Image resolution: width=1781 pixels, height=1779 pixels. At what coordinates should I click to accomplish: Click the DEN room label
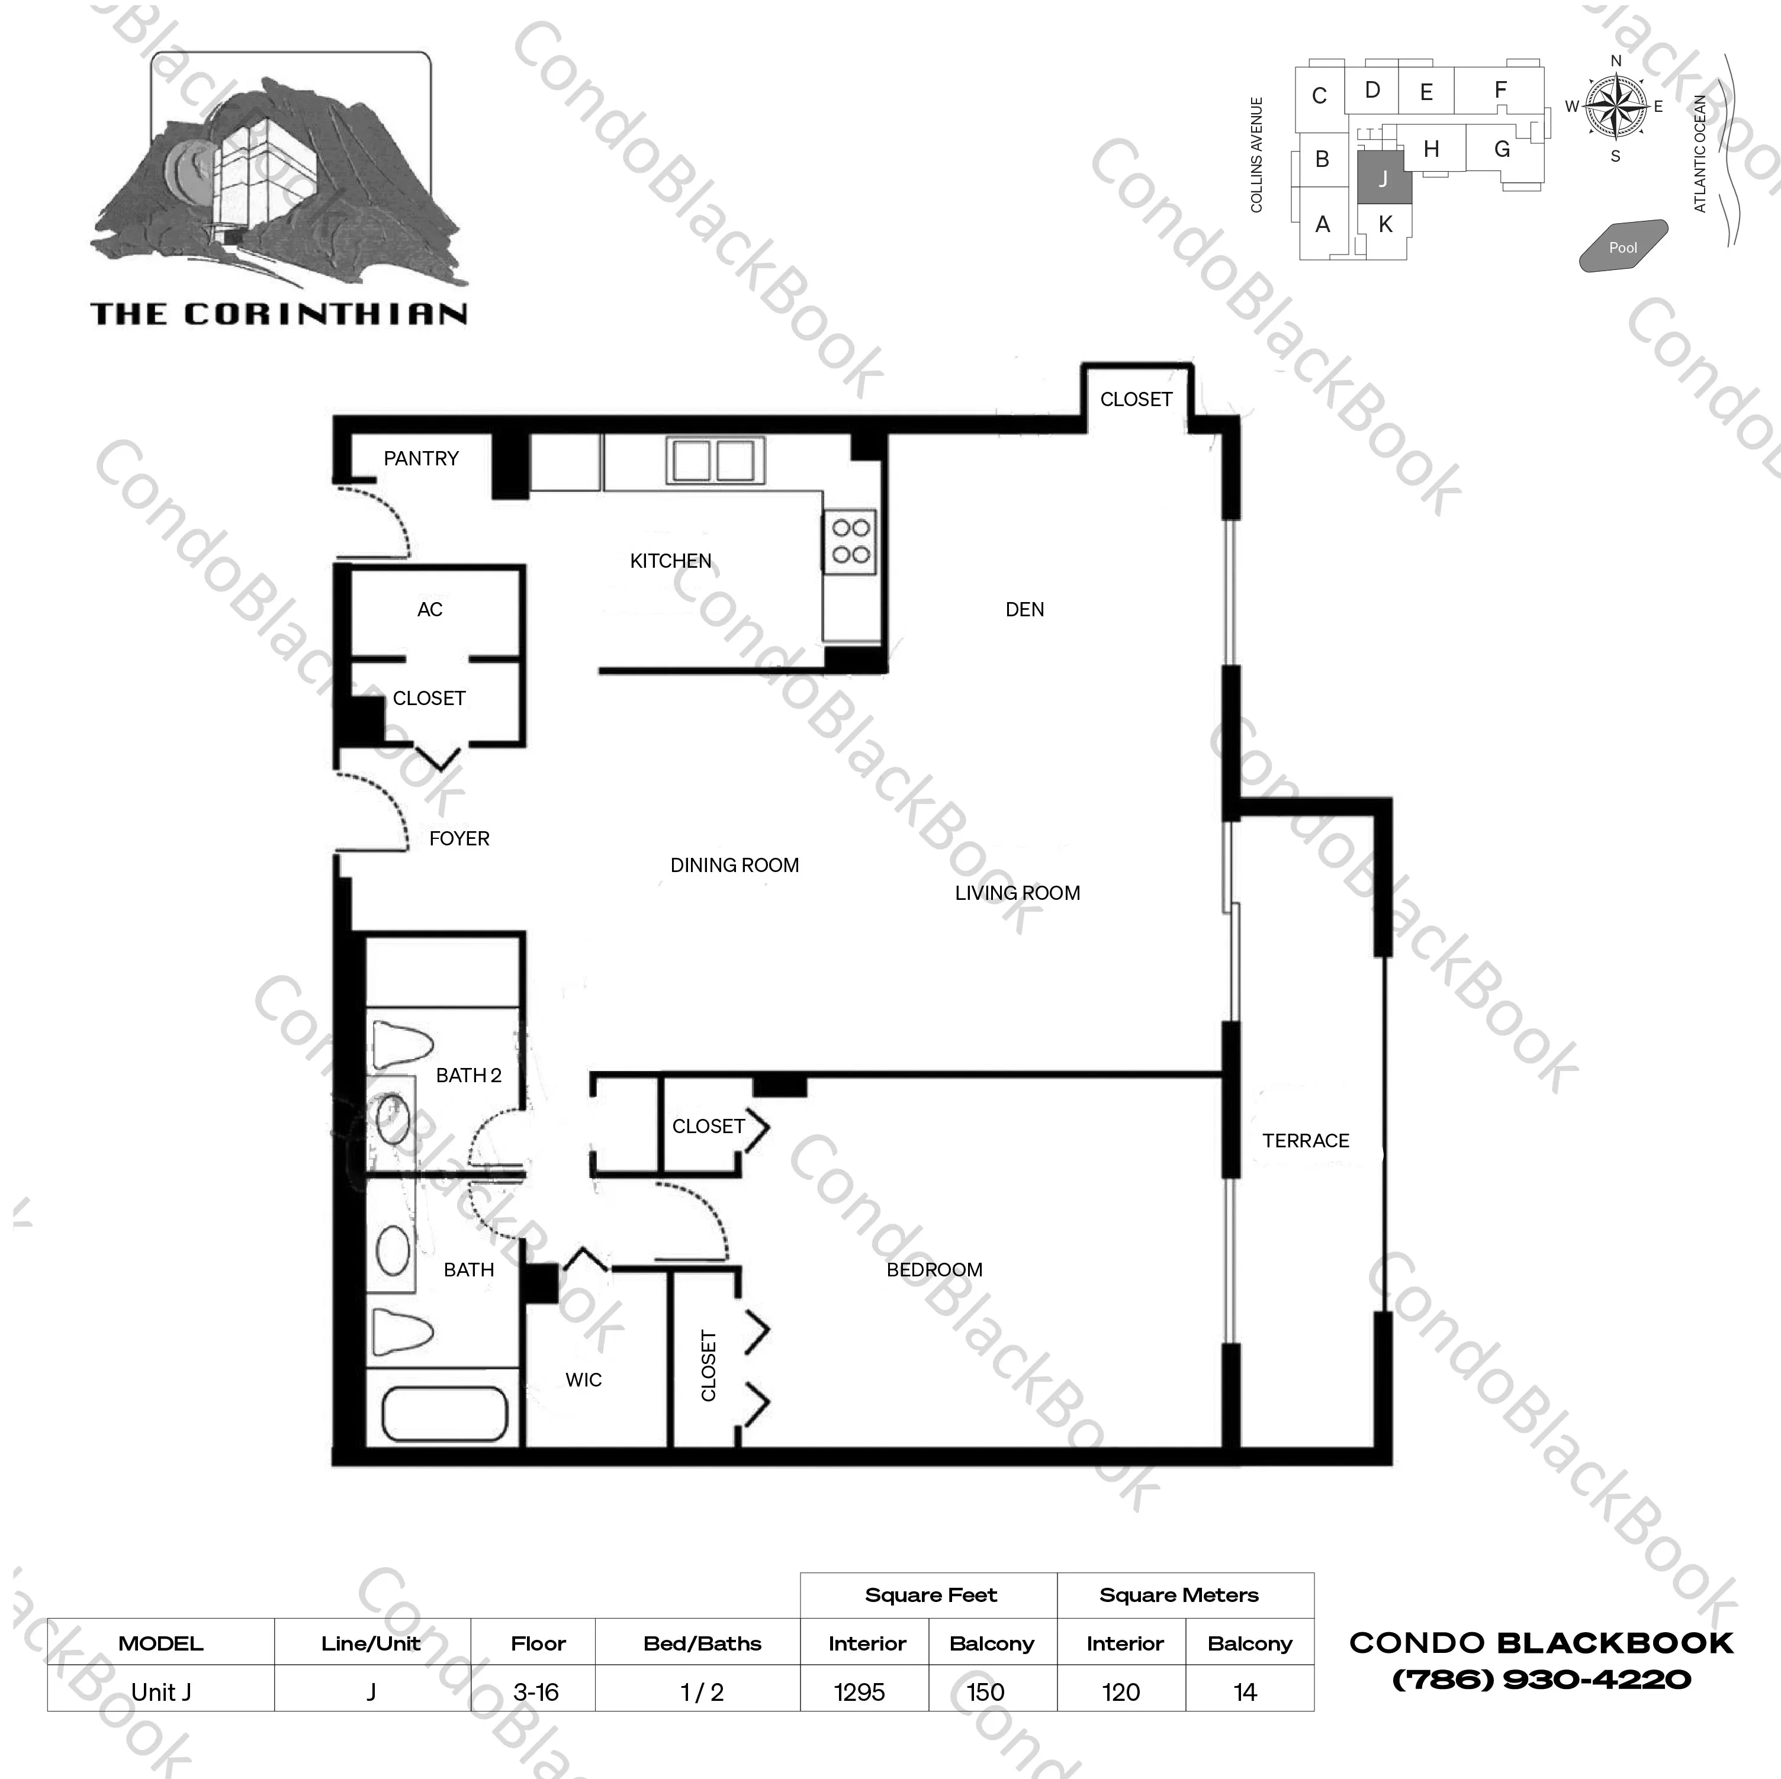[1024, 609]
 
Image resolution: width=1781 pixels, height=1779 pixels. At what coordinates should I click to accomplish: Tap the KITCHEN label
[670, 561]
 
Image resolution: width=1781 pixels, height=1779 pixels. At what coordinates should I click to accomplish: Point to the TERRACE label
[1306, 1140]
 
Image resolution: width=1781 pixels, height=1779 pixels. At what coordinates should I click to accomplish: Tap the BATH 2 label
[468, 1075]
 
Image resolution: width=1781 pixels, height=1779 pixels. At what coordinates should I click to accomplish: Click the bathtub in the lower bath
[444, 1414]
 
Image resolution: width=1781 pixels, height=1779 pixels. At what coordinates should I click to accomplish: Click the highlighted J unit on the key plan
[1384, 178]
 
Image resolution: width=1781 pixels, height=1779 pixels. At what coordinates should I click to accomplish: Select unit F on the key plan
[1500, 89]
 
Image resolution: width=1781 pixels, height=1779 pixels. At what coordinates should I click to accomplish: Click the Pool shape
[1624, 246]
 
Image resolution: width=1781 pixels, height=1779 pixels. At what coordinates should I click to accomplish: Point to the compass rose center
[1615, 108]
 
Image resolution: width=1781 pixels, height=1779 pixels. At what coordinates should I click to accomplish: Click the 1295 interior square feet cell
[859, 1691]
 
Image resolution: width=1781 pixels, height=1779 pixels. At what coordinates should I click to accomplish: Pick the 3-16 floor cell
[536, 1691]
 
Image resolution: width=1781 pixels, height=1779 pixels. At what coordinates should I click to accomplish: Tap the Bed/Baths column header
[702, 1643]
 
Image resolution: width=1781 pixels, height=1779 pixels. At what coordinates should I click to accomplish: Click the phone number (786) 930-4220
[1541, 1678]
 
